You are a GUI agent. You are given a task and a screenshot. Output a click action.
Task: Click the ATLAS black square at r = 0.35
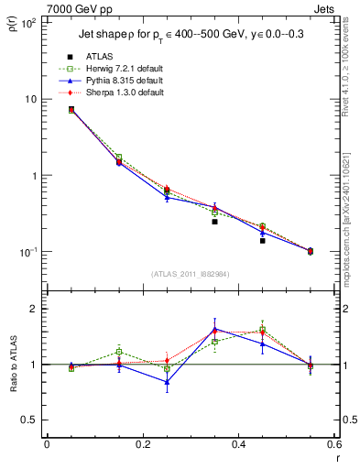214,222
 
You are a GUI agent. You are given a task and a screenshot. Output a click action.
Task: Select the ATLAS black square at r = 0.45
262,241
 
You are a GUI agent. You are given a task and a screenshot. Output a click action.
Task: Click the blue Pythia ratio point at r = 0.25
167,382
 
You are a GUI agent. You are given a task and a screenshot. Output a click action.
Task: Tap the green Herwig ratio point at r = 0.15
118,352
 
